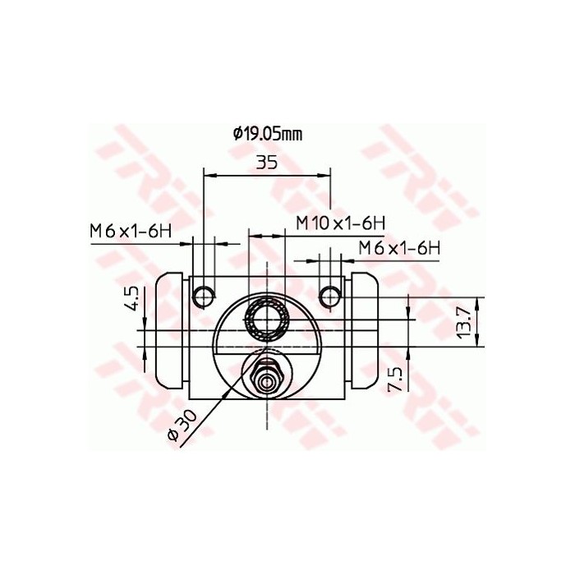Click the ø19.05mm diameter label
point(268,132)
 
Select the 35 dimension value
point(266,162)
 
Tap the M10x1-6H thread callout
point(340,222)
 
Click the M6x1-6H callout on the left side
point(130,232)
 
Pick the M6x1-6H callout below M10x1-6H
point(399,247)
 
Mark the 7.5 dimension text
point(393,379)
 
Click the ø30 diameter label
point(180,426)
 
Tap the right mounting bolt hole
point(330,292)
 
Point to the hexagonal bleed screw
point(266,377)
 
